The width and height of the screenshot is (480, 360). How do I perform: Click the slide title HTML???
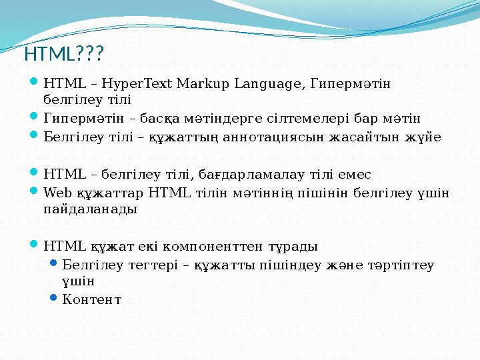65,52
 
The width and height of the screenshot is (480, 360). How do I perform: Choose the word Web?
55,193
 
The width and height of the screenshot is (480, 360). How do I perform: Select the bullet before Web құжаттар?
35,192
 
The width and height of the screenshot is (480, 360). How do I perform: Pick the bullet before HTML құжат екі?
35,245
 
